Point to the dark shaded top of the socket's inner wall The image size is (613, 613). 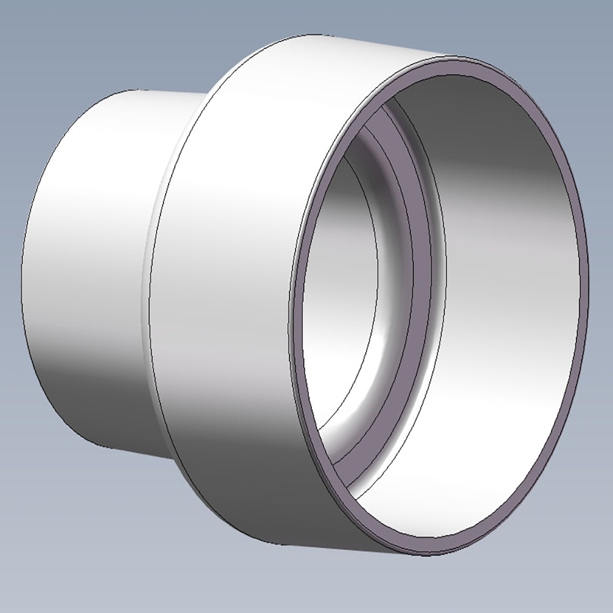[x=478, y=104]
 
